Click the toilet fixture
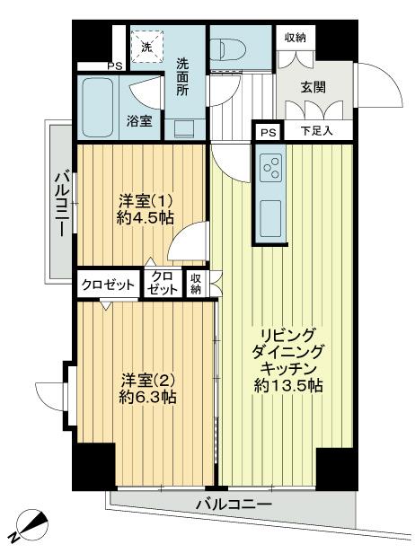coord(220,48)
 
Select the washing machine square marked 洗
coord(147,46)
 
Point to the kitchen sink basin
coord(270,219)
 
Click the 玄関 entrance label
coord(313,87)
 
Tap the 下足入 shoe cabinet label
coord(317,131)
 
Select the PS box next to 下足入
coord(269,132)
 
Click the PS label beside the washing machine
coord(115,66)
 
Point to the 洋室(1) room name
coord(145,203)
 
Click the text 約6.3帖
coord(147,398)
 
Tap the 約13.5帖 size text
coord(288,386)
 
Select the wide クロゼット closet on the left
coord(108,285)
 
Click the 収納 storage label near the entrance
coord(296,38)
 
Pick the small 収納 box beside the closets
coord(196,284)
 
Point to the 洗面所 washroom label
coord(183,77)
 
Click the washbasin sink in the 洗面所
coord(184,129)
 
